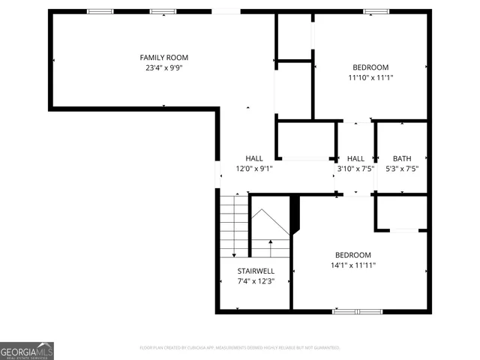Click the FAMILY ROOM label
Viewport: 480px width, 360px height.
pyautogui.click(x=164, y=58)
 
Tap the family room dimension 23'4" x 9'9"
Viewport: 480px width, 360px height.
pyautogui.click(x=164, y=67)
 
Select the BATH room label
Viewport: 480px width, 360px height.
pyautogui.click(x=402, y=158)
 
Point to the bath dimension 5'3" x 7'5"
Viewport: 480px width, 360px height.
pyautogui.click(x=402, y=169)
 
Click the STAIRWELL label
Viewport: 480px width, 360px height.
pyautogui.click(x=256, y=271)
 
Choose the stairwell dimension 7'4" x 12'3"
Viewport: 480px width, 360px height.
pyautogui.click(x=256, y=281)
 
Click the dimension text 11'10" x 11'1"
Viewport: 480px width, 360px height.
pyautogui.click(x=370, y=77)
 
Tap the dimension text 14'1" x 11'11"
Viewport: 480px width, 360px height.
pyautogui.click(x=352, y=265)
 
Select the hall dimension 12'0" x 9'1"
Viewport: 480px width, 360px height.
pyautogui.click(x=254, y=169)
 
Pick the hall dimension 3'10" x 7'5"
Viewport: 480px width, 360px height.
pyautogui.click(x=355, y=169)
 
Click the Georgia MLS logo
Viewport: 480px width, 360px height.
pyautogui.click(x=27, y=351)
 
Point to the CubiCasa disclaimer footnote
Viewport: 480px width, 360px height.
pyautogui.click(x=240, y=348)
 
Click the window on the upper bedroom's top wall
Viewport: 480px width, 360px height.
pyautogui.click(x=376, y=11)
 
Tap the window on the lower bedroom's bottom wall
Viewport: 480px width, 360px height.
pyautogui.click(x=347, y=310)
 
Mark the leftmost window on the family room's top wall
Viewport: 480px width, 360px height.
pyautogui.click(x=100, y=11)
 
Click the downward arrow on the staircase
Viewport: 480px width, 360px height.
pyautogui.click(x=233, y=253)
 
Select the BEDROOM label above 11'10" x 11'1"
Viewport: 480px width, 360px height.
pyautogui.click(x=370, y=67)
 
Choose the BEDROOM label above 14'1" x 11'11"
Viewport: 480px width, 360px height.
pyautogui.click(x=352, y=255)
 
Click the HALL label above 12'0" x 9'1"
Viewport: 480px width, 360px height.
pyautogui.click(x=254, y=158)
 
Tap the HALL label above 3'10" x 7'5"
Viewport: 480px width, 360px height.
pyautogui.click(x=355, y=158)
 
